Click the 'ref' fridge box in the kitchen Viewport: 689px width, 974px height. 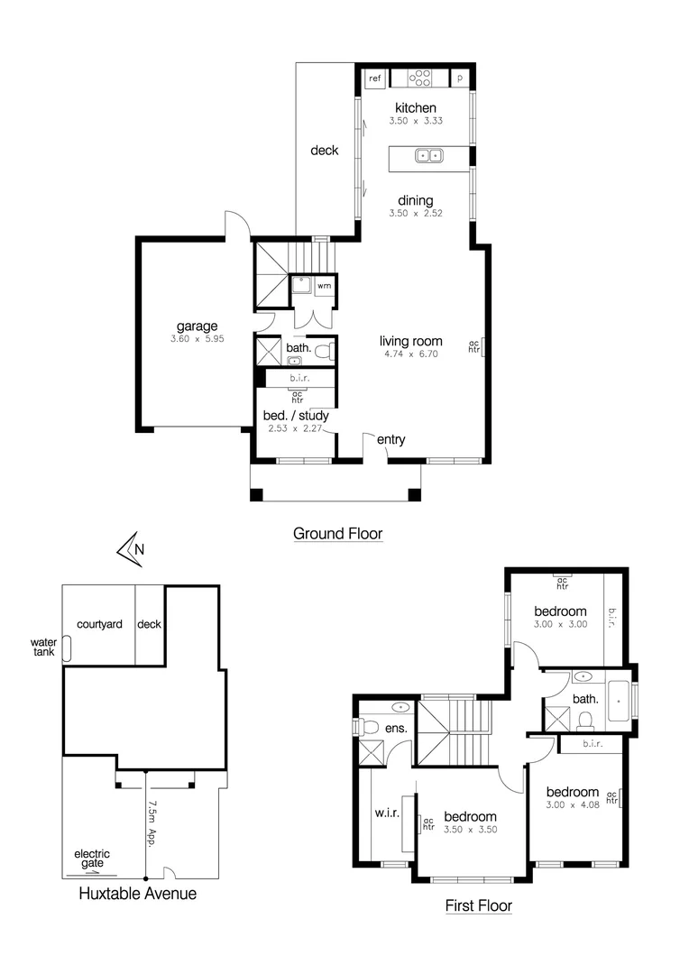pos(374,78)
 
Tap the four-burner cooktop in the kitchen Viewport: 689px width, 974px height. pos(421,78)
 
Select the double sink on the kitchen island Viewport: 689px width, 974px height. pos(428,156)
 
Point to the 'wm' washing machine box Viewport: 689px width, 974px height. pos(323,286)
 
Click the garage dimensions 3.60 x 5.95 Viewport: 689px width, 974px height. pos(198,340)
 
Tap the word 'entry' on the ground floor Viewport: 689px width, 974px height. pos(391,440)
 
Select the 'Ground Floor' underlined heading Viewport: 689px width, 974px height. pos(337,534)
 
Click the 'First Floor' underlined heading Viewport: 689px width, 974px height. pos(479,905)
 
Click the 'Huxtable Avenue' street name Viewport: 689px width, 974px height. pos(137,894)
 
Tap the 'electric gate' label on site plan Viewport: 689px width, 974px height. pos(92,859)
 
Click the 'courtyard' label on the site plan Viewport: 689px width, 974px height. pos(99,624)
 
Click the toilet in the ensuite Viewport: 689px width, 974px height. pos(369,727)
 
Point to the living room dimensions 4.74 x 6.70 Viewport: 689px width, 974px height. pos(410,354)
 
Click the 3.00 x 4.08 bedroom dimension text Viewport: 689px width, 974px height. pos(572,804)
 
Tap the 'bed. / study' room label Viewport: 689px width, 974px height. pos(296,416)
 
